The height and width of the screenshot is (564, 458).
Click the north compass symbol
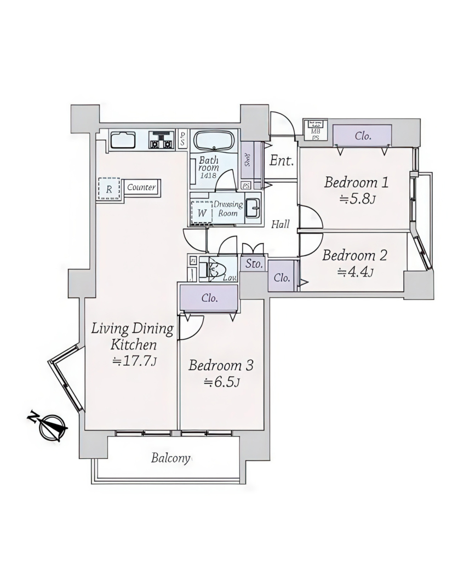pyautogui.click(x=53, y=426)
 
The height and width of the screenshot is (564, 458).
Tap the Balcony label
pyautogui.click(x=171, y=458)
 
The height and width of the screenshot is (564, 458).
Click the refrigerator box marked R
pyautogui.click(x=110, y=189)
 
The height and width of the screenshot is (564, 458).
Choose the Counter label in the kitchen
pyautogui.click(x=142, y=187)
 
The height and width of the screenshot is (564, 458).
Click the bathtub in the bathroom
pyautogui.click(x=214, y=141)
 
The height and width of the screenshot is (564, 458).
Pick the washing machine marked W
pyautogui.click(x=202, y=212)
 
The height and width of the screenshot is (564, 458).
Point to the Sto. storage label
pyautogui.click(x=253, y=264)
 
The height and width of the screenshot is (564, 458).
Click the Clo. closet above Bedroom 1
pyautogui.click(x=362, y=136)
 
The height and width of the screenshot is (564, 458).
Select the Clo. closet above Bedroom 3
pyautogui.click(x=209, y=298)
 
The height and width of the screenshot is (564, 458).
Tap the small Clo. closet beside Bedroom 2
pyautogui.click(x=282, y=278)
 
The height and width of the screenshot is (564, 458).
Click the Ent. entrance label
pyautogui.click(x=282, y=161)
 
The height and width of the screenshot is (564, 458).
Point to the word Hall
pyautogui.click(x=280, y=224)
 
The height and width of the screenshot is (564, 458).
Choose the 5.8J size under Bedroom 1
pyautogui.click(x=357, y=199)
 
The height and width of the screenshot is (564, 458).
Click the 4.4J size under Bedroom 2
pyautogui.click(x=355, y=272)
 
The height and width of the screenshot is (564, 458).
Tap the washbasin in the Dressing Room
pyautogui.click(x=253, y=209)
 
